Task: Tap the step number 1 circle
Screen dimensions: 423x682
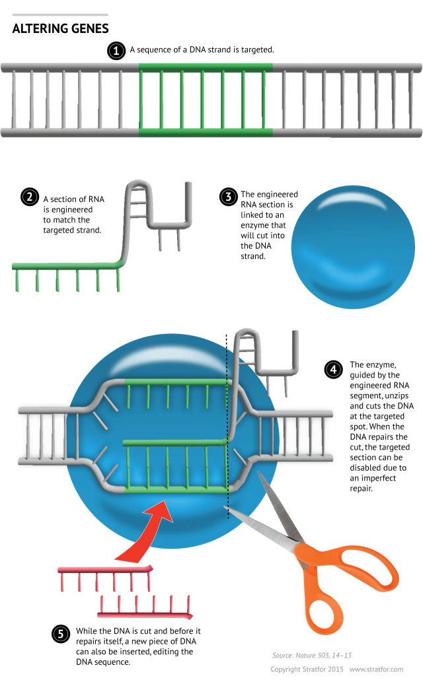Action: [x=116, y=50]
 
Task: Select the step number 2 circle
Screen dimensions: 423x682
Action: [x=29, y=197]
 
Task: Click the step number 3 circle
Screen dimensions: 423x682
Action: [x=227, y=196]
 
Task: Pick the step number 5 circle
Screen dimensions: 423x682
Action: [x=60, y=634]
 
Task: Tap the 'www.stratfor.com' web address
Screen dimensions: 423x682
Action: [x=381, y=669]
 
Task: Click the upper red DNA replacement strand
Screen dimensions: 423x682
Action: [x=106, y=569]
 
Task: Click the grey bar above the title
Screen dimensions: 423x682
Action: [x=60, y=14]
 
